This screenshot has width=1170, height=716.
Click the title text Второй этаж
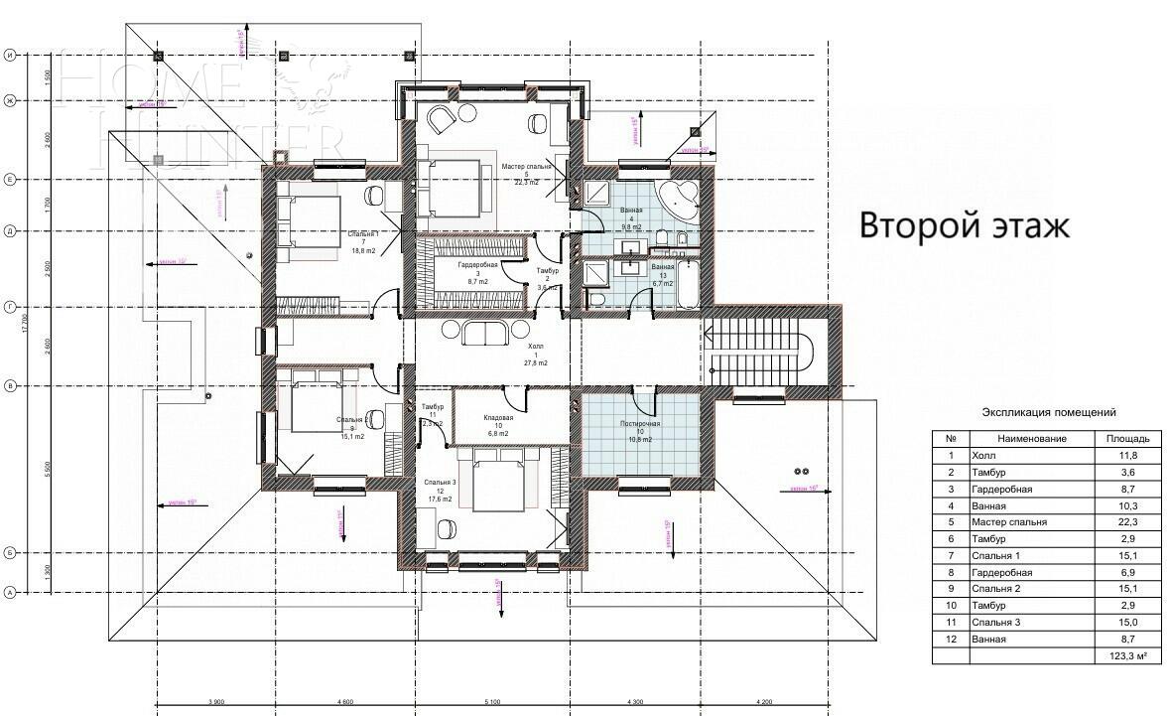(x=964, y=225)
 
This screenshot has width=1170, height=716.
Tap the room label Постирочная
(x=640, y=424)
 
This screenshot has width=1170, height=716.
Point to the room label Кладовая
(x=497, y=419)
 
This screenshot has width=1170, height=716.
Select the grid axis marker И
(x=10, y=56)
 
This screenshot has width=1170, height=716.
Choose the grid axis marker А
(x=10, y=593)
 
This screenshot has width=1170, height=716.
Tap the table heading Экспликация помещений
(x=1048, y=411)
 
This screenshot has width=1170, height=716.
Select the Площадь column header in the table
(x=1126, y=438)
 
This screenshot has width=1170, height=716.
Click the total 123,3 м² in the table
(x=1126, y=656)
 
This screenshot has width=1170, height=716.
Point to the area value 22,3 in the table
(x=1126, y=522)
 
